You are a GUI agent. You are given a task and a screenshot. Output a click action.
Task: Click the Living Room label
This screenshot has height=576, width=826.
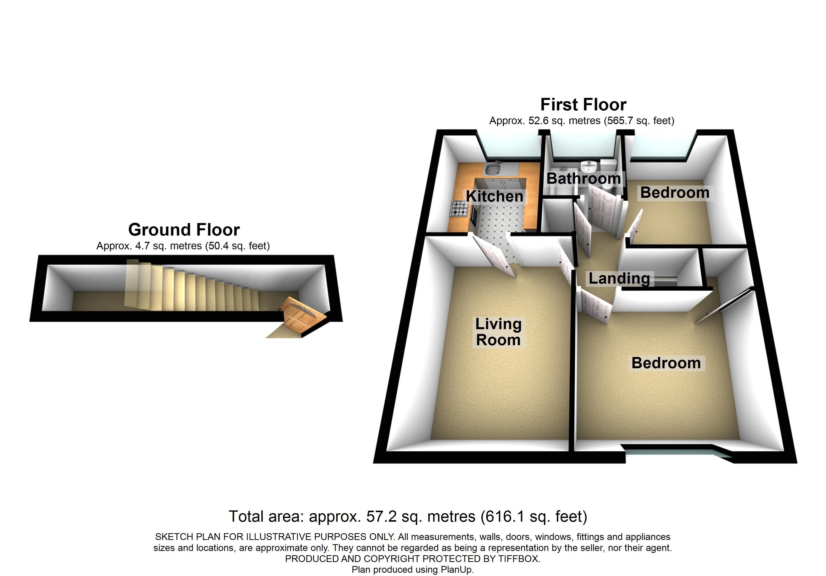pyautogui.click(x=498, y=332)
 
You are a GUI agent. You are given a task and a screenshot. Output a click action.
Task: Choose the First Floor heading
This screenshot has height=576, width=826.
pyautogui.click(x=583, y=105)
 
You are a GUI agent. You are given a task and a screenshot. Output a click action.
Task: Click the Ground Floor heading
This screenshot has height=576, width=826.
pyautogui.click(x=184, y=230)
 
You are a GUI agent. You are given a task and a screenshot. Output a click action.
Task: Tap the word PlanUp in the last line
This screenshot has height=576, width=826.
pyautogui.click(x=457, y=569)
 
